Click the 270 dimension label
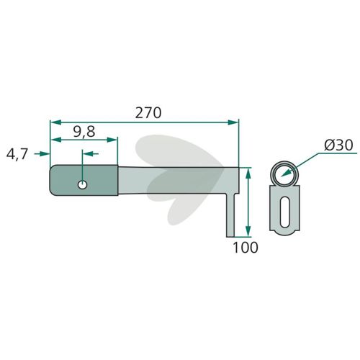[x=148, y=113]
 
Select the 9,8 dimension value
[x=84, y=132]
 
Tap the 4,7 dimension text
[x=17, y=154]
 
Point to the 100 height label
[x=246, y=248]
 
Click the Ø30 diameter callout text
[x=338, y=145]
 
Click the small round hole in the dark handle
[x=82, y=185]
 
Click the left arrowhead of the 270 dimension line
[x=55, y=122]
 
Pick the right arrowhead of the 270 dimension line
[x=233, y=122]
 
